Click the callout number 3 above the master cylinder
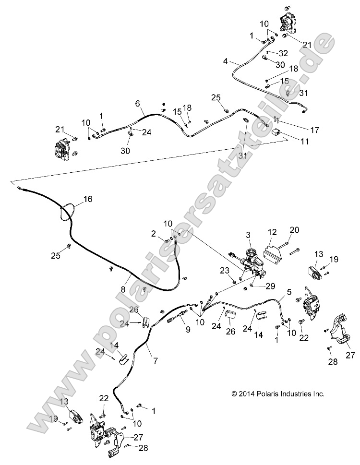tap(248, 235)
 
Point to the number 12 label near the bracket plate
tap(272, 233)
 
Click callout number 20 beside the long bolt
tap(294, 230)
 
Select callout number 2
tap(153, 234)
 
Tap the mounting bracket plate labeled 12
tap(272, 253)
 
